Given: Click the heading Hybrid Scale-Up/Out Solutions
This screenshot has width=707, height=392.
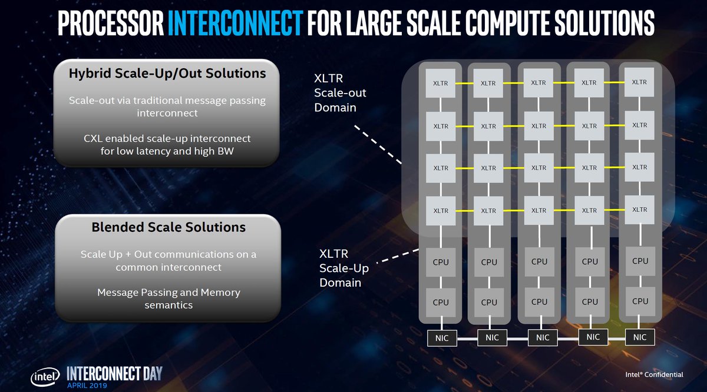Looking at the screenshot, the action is [x=167, y=74].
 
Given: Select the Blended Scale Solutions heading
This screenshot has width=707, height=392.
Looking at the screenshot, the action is [x=169, y=227].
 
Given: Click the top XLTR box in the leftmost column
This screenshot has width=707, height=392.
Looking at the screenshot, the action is [x=441, y=84].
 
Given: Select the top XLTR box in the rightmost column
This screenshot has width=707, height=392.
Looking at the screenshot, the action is [x=639, y=82].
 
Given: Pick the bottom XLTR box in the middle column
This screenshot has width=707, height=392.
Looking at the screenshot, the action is [x=539, y=210].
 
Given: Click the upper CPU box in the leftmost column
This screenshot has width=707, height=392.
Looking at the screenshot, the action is [x=441, y=263].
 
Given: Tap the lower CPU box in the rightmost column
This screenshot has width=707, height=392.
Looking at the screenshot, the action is [x=640, y=301].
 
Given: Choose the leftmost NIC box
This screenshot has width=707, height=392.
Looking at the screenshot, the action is [x=442, y=338].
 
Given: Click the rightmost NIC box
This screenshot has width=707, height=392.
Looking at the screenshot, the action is [x=639, y=337].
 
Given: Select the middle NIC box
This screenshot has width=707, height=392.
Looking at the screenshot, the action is [x=542, y=338].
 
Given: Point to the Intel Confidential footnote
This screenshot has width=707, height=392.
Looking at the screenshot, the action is [x=654, y=374].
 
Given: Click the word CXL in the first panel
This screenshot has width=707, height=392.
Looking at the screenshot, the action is [x=95, y=138].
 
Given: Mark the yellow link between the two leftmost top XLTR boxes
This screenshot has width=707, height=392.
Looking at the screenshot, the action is [x=464, y=84].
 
